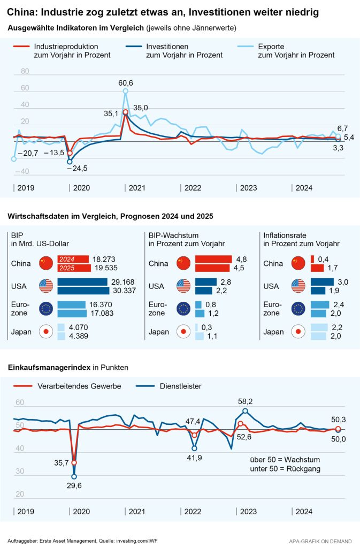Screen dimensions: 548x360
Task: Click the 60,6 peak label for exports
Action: click(x=126, y=83)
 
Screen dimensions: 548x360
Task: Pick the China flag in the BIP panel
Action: click(x=45, y=263)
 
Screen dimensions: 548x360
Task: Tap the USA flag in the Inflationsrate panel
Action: click(x=298, y=286)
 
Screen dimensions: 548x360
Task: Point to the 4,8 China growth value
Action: click(x=241, y=258)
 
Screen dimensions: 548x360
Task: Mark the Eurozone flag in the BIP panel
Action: click(x=45, y=309)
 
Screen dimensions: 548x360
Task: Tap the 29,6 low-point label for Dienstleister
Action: click(x=74, y=486)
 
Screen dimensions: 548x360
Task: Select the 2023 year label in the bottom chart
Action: click(x=248, y=511)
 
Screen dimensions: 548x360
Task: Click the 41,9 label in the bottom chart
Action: click(x=194, y=458)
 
